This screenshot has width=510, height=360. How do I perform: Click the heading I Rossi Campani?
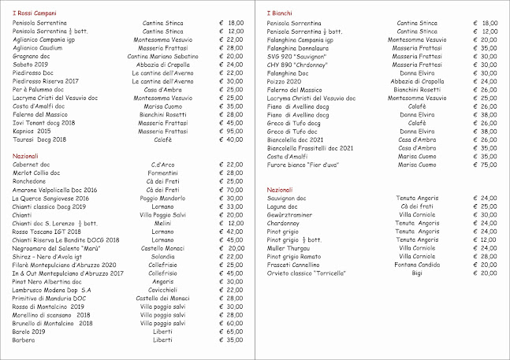34,14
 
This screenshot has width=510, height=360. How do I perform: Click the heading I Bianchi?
278,14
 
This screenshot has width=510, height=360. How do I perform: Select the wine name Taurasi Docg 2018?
42,139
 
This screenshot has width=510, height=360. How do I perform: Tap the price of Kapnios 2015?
231,131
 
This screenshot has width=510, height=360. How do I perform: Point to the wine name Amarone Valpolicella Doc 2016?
55,190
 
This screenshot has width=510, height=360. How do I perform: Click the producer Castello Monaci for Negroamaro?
162,248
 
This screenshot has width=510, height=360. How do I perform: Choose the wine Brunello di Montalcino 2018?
53,323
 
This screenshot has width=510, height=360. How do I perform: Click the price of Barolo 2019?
231,332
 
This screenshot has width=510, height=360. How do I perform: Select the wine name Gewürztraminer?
293,214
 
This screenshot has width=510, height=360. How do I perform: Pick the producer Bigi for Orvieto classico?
417,273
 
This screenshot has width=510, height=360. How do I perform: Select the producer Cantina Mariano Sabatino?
162,57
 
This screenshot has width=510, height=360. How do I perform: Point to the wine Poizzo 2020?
285,81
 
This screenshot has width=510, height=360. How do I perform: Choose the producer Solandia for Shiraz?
162,256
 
